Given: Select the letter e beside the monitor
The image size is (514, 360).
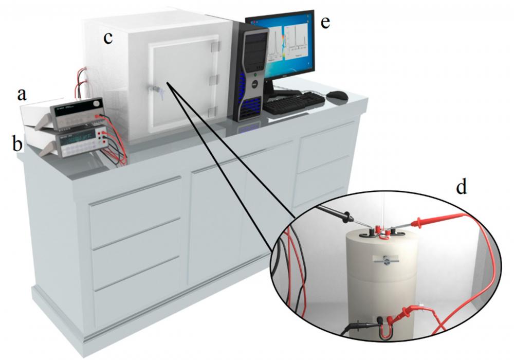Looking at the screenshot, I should click(325, 24).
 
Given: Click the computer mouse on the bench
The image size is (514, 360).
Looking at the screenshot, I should click(337, 95).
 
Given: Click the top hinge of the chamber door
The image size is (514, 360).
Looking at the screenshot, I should click(215, 45).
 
